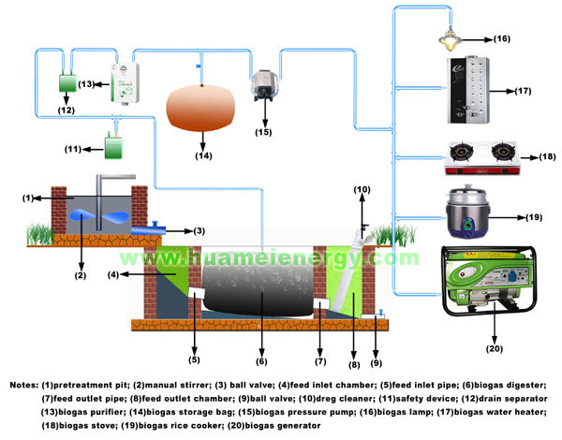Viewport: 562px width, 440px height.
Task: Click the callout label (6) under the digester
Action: [262, 360]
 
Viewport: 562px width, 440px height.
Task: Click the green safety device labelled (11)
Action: [116, 145]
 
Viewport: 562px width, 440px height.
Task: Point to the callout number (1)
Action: [27, 198]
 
